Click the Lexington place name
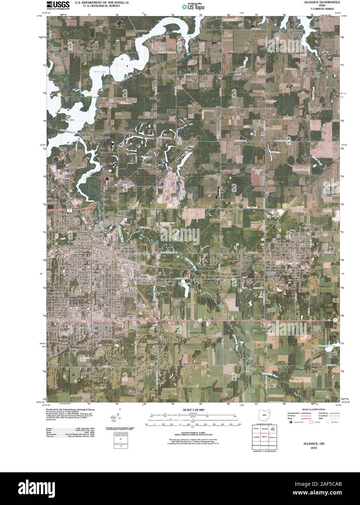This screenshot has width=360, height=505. click(103, 137)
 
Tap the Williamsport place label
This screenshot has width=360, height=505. click(125, 217)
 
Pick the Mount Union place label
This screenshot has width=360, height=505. click(100, 322)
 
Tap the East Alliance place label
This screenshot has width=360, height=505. click(166, 283)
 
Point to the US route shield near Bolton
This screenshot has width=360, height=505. click(68, 210)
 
